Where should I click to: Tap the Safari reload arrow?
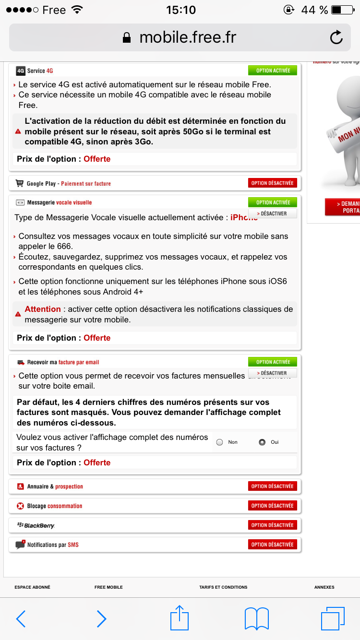(x=336, y=37)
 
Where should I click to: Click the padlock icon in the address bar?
(x=127, y=38)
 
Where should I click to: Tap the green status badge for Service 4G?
(x=273, y=71)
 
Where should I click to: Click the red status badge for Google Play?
(x=273, y=183)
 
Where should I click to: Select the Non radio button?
(x=220, y=442)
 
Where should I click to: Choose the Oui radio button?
(x=262, y=442)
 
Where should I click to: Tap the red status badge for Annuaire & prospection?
(x=273, y=486)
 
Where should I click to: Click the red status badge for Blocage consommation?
(x=273, y=506)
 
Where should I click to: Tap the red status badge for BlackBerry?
(x=273, y=525)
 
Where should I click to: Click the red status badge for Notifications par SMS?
(x=273, y=545)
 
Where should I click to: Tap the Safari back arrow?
(x=21, y=619)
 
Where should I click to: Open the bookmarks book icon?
(x=256, y=619)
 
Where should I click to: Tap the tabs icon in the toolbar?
(x=333, y=618)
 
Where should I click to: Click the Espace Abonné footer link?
(x=32, y=587)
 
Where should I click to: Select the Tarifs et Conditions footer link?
(x=223, y=587)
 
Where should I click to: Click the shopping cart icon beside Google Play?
(x=20, y=183)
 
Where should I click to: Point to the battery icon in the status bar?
(x=342, y=10)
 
